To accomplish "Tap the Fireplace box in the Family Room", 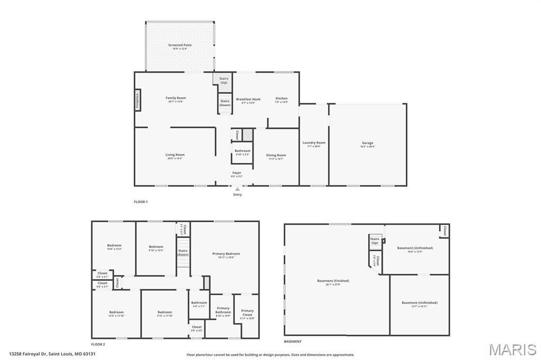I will (137, 100).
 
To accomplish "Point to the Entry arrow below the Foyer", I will (237, 189).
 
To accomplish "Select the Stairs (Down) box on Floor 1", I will (225, 103).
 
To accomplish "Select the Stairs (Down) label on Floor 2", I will (183, 252).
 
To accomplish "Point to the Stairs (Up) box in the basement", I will (375, 241).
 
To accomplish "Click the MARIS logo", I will (512, 349).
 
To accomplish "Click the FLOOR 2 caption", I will (98, 344).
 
